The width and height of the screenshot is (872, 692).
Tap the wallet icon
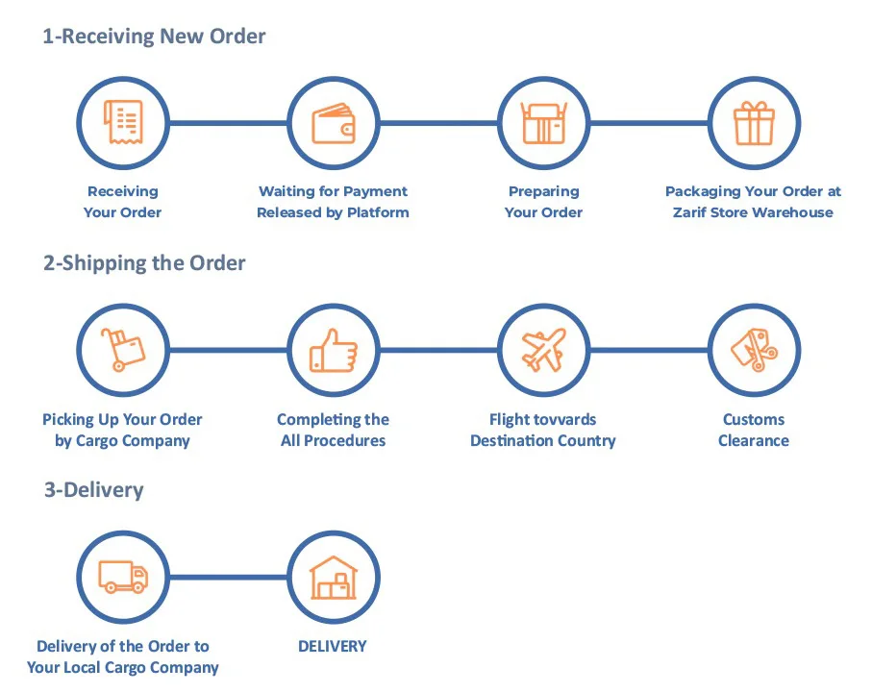coord(334,123)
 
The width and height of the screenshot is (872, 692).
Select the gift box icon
coord(754,123)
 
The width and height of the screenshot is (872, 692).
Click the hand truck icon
coord(122,350)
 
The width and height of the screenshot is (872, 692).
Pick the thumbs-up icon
coord(334,350)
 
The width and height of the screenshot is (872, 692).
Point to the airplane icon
coord(543,350)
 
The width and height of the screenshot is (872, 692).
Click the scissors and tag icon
coord(754,350)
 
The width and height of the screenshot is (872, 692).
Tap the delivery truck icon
coord(122,578)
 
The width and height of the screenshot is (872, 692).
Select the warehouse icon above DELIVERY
coord(334,578)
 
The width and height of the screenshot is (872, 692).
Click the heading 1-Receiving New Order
coord(154,37)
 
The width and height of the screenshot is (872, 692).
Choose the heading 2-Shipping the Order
coord(144,263)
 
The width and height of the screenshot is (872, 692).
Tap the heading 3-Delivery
coord(93,490)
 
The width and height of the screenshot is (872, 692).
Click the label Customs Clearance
coord(754,430)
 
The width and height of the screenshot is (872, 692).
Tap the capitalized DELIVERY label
coord(333,646)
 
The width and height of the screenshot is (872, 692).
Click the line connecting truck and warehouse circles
coord(228,578)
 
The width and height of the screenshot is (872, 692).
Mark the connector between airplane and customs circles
coord(649,350)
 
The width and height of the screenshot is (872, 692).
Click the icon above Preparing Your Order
coord(543,123)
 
